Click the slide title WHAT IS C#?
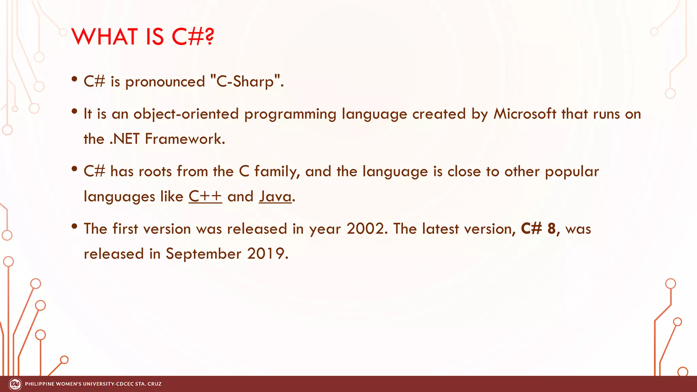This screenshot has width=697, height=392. (143, 36)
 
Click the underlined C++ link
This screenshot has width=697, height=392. (205, 196)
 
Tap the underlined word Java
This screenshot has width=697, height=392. (275, 196)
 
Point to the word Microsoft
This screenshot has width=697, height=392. (524, 114)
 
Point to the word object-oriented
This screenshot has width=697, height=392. (186, 114)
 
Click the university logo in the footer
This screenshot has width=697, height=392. (15, 384)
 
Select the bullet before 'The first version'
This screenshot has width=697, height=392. (75, 227)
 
